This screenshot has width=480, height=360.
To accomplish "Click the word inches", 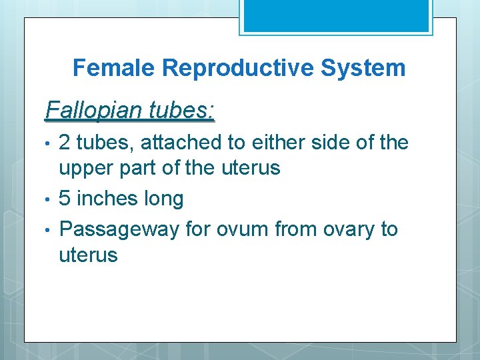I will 107,199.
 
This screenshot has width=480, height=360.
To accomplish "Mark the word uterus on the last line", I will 88,255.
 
